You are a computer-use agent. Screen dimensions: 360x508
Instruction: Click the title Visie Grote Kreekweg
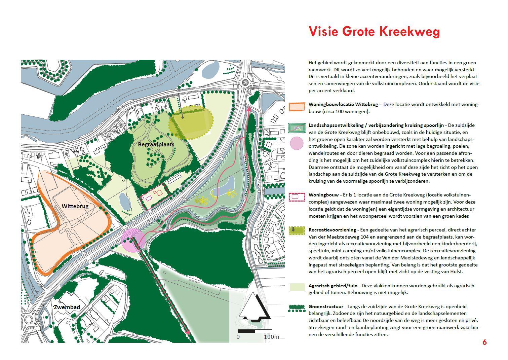click(374, 31)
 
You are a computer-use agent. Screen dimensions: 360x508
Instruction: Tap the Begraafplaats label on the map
click(156, 144)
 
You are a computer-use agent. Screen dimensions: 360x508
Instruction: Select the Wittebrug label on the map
click(75, 206)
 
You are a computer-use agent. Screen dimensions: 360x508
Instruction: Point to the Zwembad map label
click(67, 307)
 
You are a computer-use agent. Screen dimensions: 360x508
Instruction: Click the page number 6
click(484, 342)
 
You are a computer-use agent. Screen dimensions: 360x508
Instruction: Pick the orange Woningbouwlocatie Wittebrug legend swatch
click(297, 107)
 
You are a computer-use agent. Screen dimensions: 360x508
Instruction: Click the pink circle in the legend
click(297, 143)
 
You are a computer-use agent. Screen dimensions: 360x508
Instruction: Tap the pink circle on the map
click(132, 240)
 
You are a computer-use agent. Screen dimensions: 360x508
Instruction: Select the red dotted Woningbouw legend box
click(297, 197)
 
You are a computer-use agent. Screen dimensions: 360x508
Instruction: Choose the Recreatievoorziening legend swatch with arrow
click(297, 230)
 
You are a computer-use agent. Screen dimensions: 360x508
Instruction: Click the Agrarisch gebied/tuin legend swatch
click(297, 287)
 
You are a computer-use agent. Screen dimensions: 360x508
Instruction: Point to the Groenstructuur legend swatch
click(297, 308)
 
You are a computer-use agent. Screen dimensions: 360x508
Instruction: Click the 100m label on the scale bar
click(271, 337)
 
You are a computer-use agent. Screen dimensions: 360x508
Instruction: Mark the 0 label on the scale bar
click(238, 337)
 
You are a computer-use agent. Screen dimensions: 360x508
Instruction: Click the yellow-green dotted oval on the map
click(191, 124)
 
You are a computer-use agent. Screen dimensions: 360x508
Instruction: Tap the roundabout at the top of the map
click(245, 83)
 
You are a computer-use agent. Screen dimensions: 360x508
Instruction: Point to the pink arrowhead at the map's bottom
click(188, 332)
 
